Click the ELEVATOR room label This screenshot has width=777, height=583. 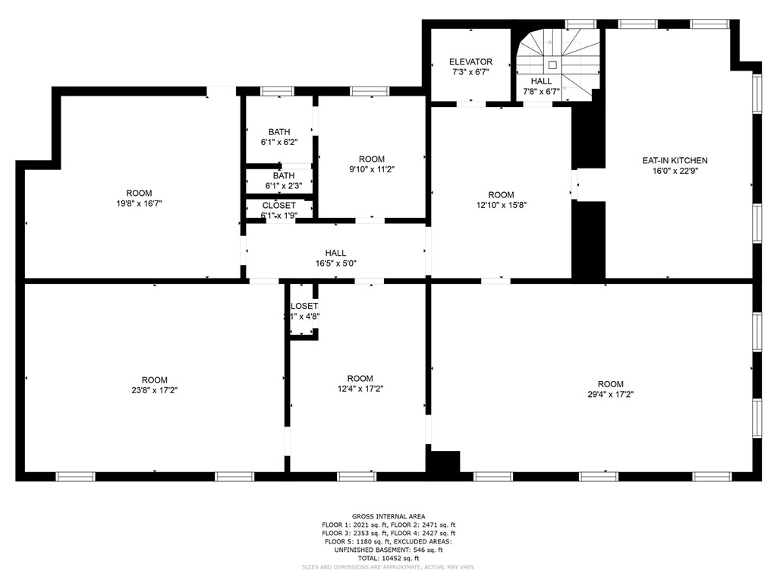pos(470,61)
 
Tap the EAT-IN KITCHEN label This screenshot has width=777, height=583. pos(675,160)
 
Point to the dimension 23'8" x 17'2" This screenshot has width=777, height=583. pos(154,390)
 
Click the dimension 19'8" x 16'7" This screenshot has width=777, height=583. pos(139,203)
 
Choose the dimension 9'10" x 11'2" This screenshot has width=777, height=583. pos(371,169)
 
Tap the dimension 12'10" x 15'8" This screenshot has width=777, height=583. pos(501,205)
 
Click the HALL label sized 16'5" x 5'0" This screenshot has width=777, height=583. pos(335,253)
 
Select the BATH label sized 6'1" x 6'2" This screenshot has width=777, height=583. pos(278,132)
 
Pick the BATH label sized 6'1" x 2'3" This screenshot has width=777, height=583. pos(278,175)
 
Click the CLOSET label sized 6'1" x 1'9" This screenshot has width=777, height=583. pos(278,206)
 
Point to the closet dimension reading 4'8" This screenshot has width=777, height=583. pos(304,317)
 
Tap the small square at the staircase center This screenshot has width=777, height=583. pos(552,65)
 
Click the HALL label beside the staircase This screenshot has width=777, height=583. pos(541,81)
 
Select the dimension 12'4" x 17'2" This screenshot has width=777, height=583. pos(360,389)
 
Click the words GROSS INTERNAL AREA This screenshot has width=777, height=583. pos(388,516)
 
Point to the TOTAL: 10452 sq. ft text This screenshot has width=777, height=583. pos(388,557)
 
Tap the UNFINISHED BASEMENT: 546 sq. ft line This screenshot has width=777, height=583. pos(388,549)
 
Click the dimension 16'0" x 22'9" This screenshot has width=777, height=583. pos(675,171)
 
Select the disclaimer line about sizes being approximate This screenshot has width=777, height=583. pos(388,566)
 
